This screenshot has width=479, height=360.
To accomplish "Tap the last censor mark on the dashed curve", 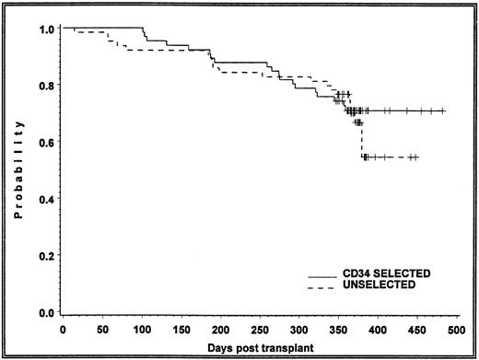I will pyautogui.click(x=416, y=157).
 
